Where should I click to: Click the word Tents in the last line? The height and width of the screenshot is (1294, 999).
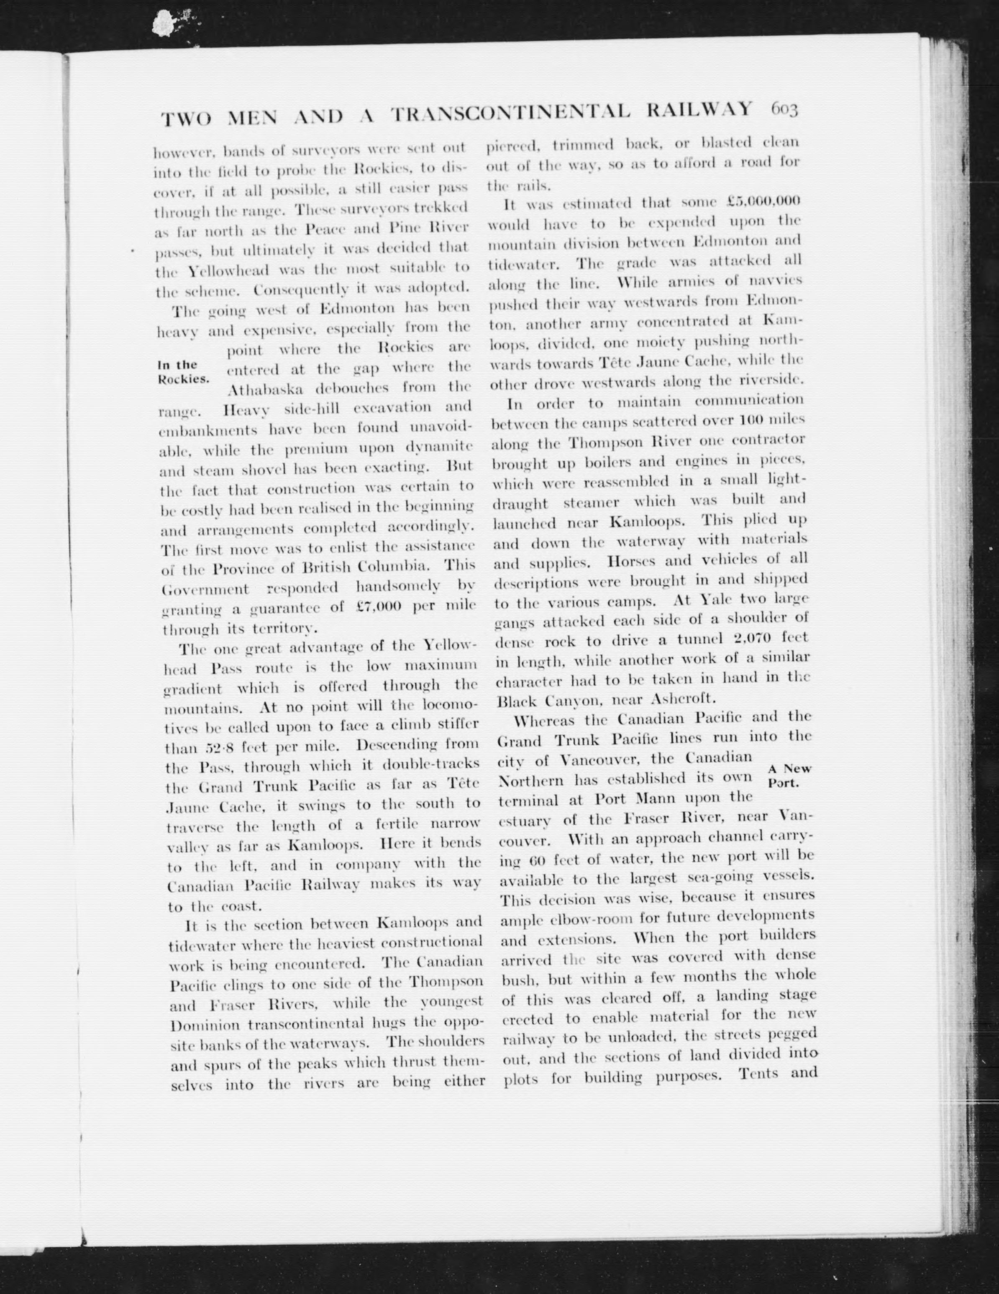click(x=758, y=1072)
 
